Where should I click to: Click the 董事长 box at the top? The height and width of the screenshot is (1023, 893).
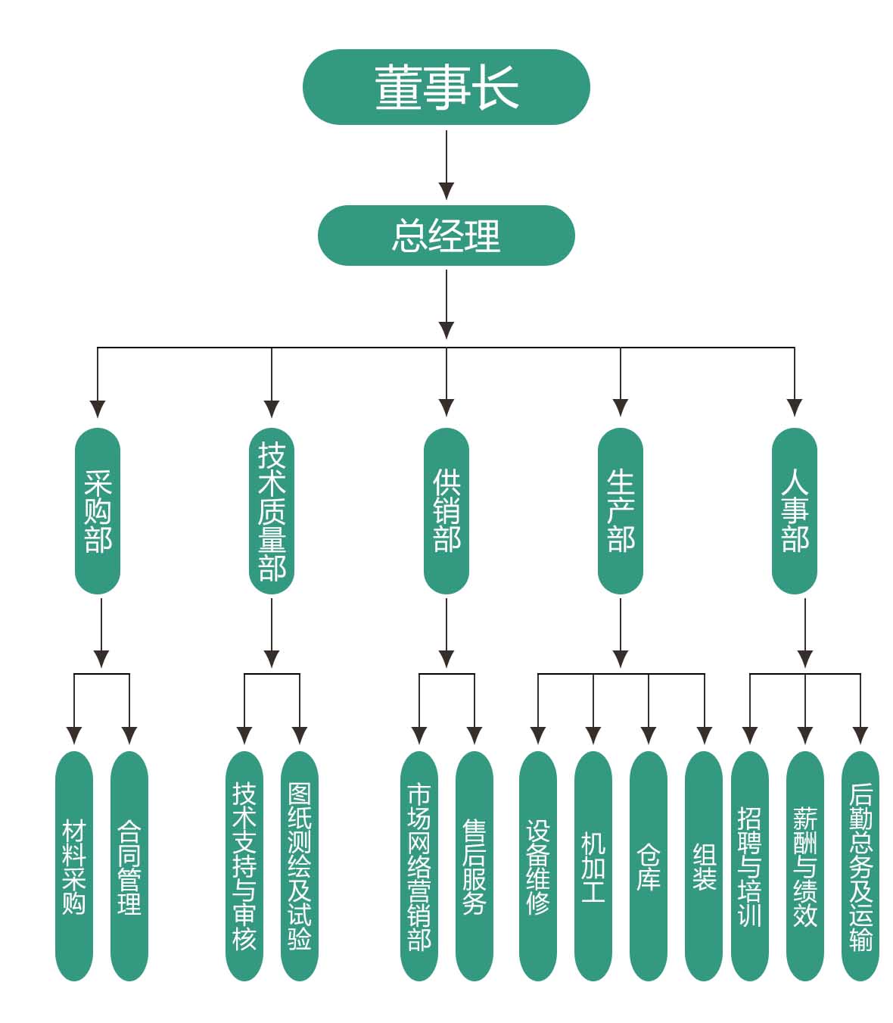446,87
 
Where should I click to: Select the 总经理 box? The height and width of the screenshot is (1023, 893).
446,235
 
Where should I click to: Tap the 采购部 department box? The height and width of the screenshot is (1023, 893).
98,511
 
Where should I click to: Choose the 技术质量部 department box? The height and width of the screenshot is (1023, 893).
272,511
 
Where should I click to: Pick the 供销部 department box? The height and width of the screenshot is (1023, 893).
446,511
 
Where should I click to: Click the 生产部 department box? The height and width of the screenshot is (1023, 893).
621,511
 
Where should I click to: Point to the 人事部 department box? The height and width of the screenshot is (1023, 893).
795,511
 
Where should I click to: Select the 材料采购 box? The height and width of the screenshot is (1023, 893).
74,865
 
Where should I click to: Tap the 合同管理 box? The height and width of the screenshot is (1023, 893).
129,865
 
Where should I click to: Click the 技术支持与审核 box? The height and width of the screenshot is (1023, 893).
244,865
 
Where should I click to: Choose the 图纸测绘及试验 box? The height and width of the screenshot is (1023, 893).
300,865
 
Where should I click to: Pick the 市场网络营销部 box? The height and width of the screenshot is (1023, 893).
419,865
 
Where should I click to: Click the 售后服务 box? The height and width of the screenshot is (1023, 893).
475,865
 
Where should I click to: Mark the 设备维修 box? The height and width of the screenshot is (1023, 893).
538,865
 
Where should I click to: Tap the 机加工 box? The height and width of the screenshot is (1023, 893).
593,865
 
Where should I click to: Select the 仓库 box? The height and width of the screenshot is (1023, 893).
649,865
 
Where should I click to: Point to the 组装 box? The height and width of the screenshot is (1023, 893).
704,865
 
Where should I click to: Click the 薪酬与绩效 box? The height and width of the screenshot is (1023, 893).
805,865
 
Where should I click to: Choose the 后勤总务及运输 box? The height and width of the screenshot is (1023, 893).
860,865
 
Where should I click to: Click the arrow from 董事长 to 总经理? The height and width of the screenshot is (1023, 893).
446,164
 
